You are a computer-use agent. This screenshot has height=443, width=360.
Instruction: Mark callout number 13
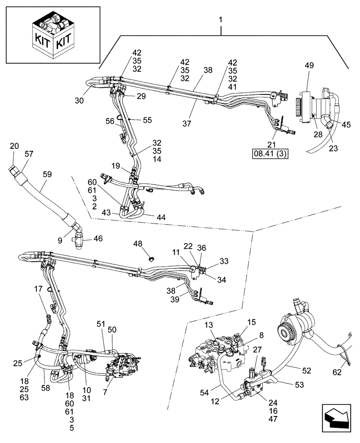pos(209,326)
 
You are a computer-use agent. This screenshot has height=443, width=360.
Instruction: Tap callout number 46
pos(98,238)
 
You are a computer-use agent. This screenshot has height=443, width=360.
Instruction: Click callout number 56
pos(110,120)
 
